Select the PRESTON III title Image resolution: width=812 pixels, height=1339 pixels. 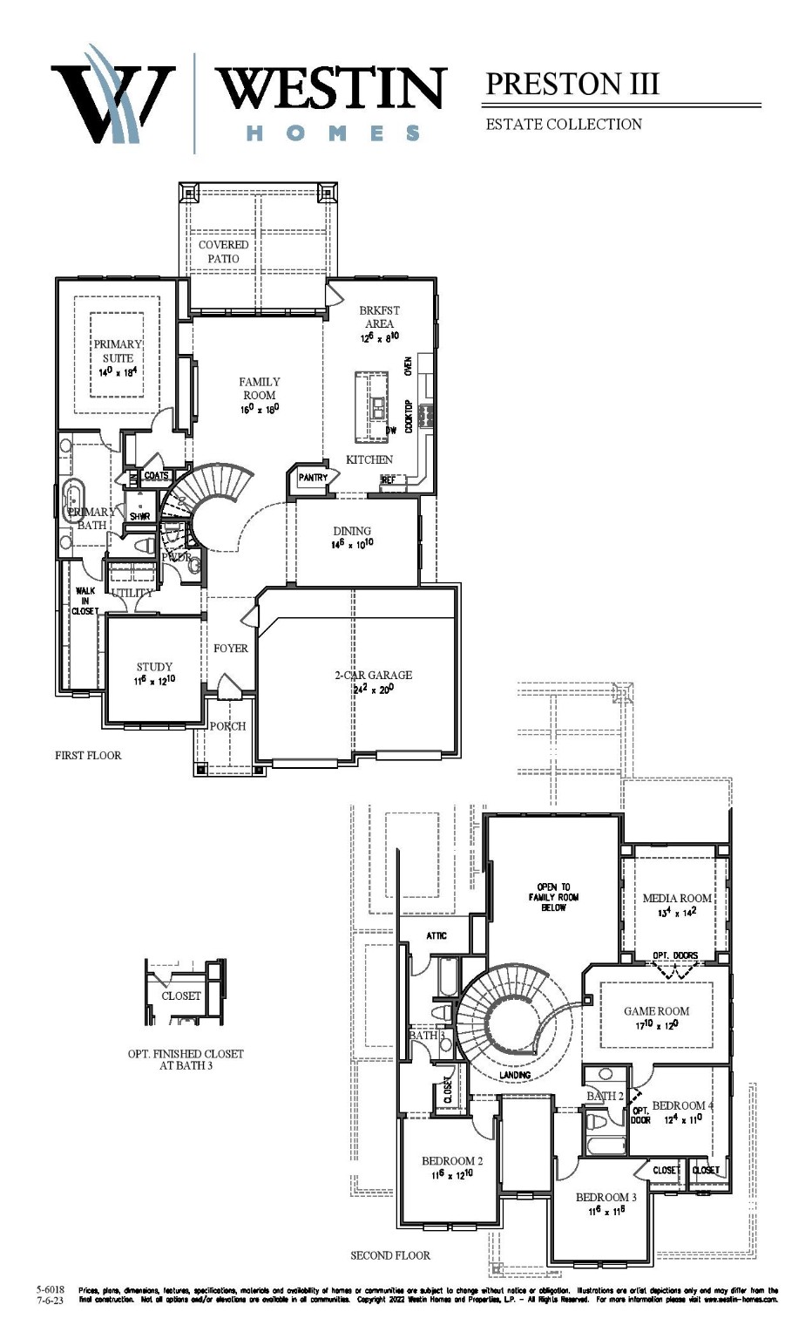572,85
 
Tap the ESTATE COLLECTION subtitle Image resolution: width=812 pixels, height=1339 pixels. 564,125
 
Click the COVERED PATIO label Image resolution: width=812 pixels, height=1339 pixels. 223,251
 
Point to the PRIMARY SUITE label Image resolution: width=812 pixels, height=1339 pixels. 118,350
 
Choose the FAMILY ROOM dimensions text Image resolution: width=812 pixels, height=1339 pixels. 260,409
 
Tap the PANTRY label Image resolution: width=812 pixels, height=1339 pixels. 313,478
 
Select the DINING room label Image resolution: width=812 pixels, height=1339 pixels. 352,531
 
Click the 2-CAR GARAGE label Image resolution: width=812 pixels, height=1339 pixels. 373,675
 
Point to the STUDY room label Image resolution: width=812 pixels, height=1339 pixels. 154,667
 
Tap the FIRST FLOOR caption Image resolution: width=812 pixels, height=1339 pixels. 88,755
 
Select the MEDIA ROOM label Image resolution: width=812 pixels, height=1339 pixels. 677,898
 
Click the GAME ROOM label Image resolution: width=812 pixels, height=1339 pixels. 656,1011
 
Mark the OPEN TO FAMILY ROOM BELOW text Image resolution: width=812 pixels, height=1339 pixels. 553,897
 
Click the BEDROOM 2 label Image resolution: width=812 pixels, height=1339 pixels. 452,1160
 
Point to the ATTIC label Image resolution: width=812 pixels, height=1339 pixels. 436,935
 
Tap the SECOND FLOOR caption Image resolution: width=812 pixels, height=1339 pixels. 390,1255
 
